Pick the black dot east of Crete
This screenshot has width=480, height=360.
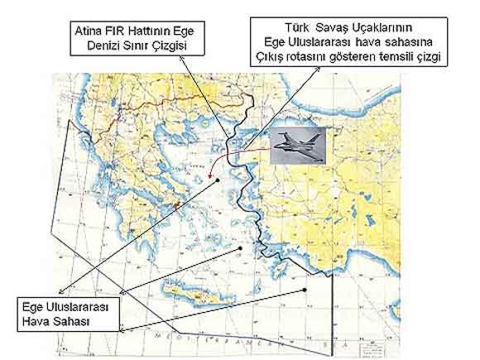click(x=307, y=290)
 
